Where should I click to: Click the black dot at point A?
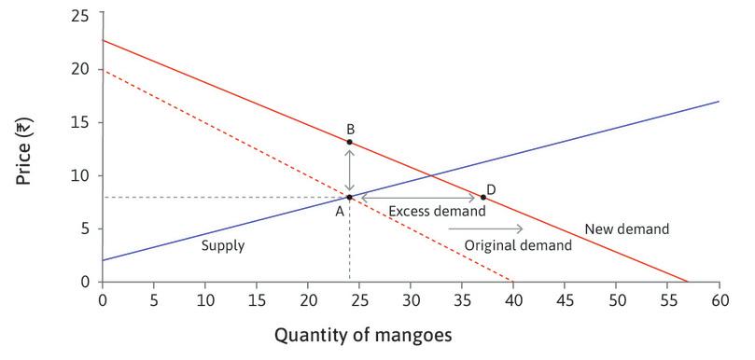pyautogui.click(x=349, y=197)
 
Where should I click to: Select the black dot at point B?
pyautogui.click(x=349, y=142)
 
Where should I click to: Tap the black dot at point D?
pyautogui.click(x=482, y=197)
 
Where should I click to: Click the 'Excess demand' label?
pyautogui.click(x=437, y=212)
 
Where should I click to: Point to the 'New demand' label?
pyautogui.click(x=626, y=228)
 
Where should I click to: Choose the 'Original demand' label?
pyautogui.click(x=517, y=245)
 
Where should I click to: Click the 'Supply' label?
pyautogui.click(x=223, y=246)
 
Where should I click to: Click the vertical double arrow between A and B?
pyautogui.click(x=349, y=170)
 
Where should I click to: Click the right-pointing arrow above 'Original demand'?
pyautogui.click(x=499, y=228)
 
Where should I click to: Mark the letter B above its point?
pyautogui.click(x=350, y=129)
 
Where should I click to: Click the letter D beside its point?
pyautogui.click(x=491, y=189)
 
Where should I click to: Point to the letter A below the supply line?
pyautogui.click(x=341, y=211)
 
